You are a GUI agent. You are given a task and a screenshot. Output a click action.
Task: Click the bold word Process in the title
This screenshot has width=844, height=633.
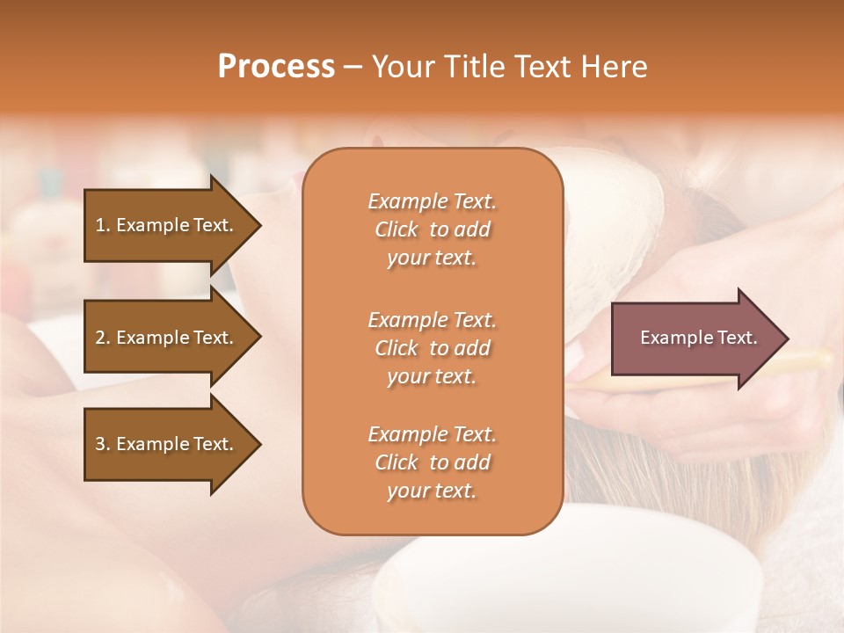coord(276,67)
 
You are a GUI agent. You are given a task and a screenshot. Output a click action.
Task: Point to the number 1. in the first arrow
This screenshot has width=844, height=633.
coord(103,225)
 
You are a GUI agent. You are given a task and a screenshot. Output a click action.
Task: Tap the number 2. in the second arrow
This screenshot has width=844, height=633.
coord(103,338)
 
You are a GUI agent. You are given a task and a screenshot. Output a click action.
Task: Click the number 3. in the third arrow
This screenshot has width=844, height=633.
coord(103,444)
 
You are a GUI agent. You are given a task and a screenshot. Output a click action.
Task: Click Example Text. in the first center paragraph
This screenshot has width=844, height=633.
coord(432,201)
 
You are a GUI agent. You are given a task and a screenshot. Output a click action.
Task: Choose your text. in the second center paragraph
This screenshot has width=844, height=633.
coord(432,376)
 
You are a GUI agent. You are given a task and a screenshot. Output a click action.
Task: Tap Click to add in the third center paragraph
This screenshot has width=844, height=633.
coord(432,462)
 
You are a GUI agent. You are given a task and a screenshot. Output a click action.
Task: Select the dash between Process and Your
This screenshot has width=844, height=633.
coord(353,68)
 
